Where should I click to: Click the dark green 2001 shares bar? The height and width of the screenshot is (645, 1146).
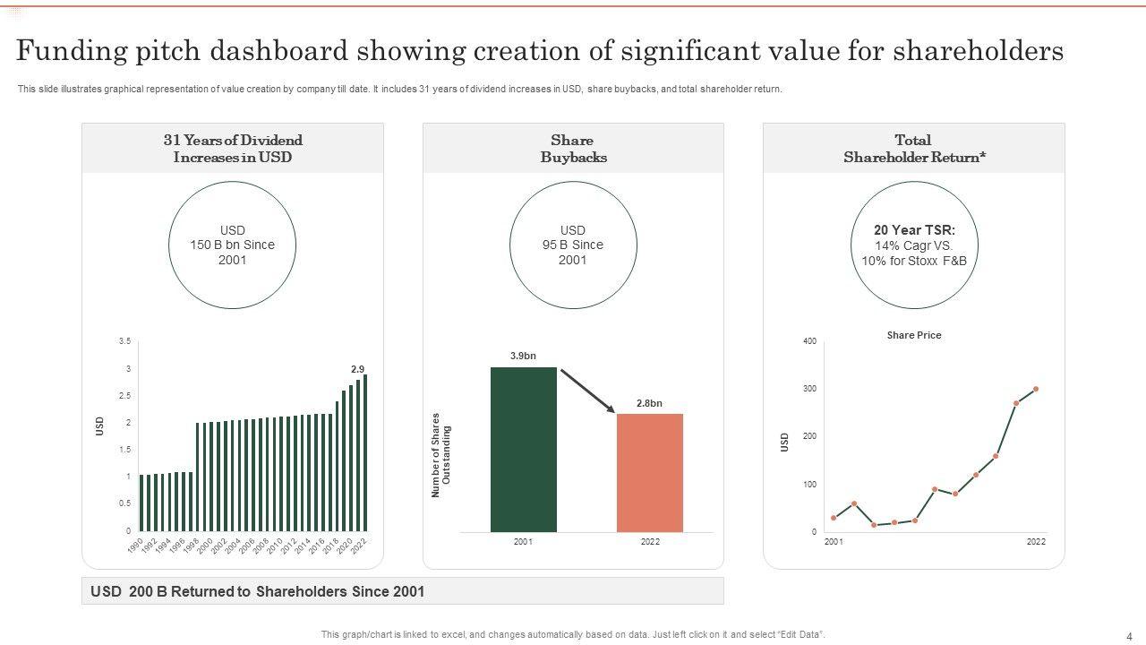coord(524,449)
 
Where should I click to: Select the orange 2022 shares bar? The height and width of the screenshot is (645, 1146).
coord(650,472)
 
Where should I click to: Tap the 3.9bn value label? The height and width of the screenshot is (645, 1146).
coord(523,356)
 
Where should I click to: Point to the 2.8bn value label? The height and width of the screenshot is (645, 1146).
coord(649,403)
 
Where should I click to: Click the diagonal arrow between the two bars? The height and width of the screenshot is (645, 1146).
coord(587,391)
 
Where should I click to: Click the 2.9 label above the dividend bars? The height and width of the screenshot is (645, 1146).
coord(357,369)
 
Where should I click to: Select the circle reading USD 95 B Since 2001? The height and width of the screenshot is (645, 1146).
coord(573,245)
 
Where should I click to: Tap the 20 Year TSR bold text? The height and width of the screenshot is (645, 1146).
coord(914,230)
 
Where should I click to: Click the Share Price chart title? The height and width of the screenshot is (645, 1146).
coord(914,335)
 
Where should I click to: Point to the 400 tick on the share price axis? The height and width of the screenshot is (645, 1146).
coord(809,341)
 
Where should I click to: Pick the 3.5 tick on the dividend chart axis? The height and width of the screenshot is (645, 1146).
coord(124,341)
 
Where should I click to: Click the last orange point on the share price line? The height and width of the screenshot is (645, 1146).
coord(1036,389)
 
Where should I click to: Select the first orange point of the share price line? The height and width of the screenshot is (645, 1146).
coord(834,518)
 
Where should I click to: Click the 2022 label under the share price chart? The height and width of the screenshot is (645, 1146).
coord(1036,542)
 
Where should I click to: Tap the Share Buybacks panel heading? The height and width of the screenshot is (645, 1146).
coord(573,149)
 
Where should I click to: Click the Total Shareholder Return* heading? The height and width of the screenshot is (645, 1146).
coord(914,149)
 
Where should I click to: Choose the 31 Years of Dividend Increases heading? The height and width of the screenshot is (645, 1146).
coord(233,149)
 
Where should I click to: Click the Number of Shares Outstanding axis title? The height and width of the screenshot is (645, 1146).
coord(441,455)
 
